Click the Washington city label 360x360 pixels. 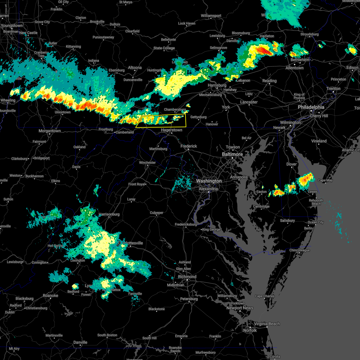(x=209, y=181)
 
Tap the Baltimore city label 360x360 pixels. (x=232, y=154)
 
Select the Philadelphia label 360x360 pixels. (x=311, y=107)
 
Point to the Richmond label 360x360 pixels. (x=187, y=277)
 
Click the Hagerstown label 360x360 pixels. (x=172, y=130)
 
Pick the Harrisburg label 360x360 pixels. (x=217, y=85)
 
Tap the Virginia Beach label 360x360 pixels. (x=267, y=324)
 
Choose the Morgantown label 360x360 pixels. (x=49, y=131)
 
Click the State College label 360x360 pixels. (x=164, y=48)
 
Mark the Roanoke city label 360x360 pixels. (x=50, y=295)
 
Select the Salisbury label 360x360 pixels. (x=287, y=220)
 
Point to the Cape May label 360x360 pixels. (x=325, y=180)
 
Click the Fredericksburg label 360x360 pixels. (x=186, y=224)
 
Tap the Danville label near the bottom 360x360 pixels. (x=80, y=342)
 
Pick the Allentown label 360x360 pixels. (x=294, y=68)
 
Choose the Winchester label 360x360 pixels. (x=147, y=163)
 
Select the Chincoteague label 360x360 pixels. (x=299, y=250)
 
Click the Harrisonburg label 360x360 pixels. (x=109, y=214)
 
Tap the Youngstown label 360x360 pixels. (x=12, y=25)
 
